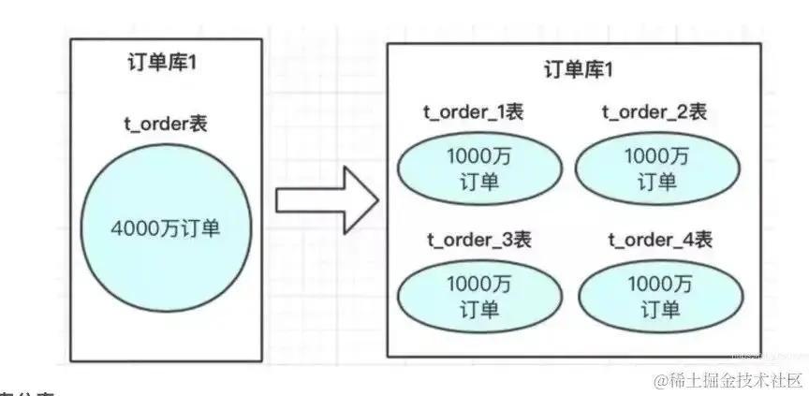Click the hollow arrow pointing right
(x=326, y=200)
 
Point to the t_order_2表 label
(x=653, y=112)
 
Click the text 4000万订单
(x=166, y=227)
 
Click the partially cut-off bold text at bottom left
(x=28, y=393)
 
